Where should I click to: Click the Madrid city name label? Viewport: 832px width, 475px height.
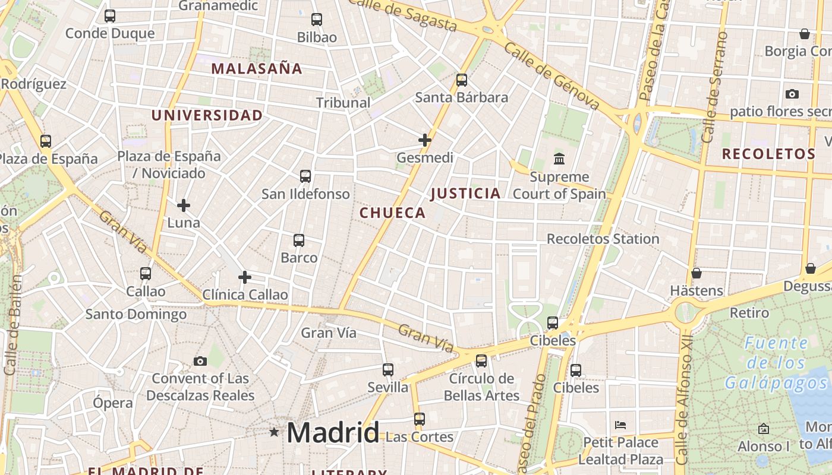click(x=333, y=432)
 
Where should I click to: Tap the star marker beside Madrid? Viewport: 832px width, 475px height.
click(x=274, y=432)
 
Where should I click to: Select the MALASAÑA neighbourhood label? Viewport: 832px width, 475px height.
click(x=257, y=69)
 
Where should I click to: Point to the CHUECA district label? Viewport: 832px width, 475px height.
click(x=393, y=213)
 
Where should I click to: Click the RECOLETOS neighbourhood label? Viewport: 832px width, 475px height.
click(x=768, y=154)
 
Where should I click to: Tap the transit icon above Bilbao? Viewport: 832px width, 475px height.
click(x=317, y=20)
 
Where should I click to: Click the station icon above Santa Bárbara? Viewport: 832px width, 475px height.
click(x=462, y=80)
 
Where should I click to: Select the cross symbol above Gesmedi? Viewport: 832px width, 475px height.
click(x=425, y=140)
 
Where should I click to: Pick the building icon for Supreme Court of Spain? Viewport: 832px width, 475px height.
click(x=559, y=159)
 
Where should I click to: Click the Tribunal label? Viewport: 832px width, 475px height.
click(x=343, y=103)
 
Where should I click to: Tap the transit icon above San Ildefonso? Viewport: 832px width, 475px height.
click(x=305, y=176)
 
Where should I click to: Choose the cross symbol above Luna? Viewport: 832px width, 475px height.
click(x=184, y=205)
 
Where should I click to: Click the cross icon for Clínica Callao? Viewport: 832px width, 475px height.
click(x=245, y=277)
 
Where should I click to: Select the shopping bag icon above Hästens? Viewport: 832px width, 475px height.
click(x=697, y=273)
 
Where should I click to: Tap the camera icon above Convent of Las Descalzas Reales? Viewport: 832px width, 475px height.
click(x=200, y=361)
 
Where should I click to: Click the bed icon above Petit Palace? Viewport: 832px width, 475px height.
click(x=620, y=425)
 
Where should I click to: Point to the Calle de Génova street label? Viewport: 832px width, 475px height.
click(x=551, y=75)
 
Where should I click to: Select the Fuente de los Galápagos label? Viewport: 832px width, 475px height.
click(x=776, y=363)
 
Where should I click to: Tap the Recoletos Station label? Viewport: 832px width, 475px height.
click(x=603, y=239)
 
